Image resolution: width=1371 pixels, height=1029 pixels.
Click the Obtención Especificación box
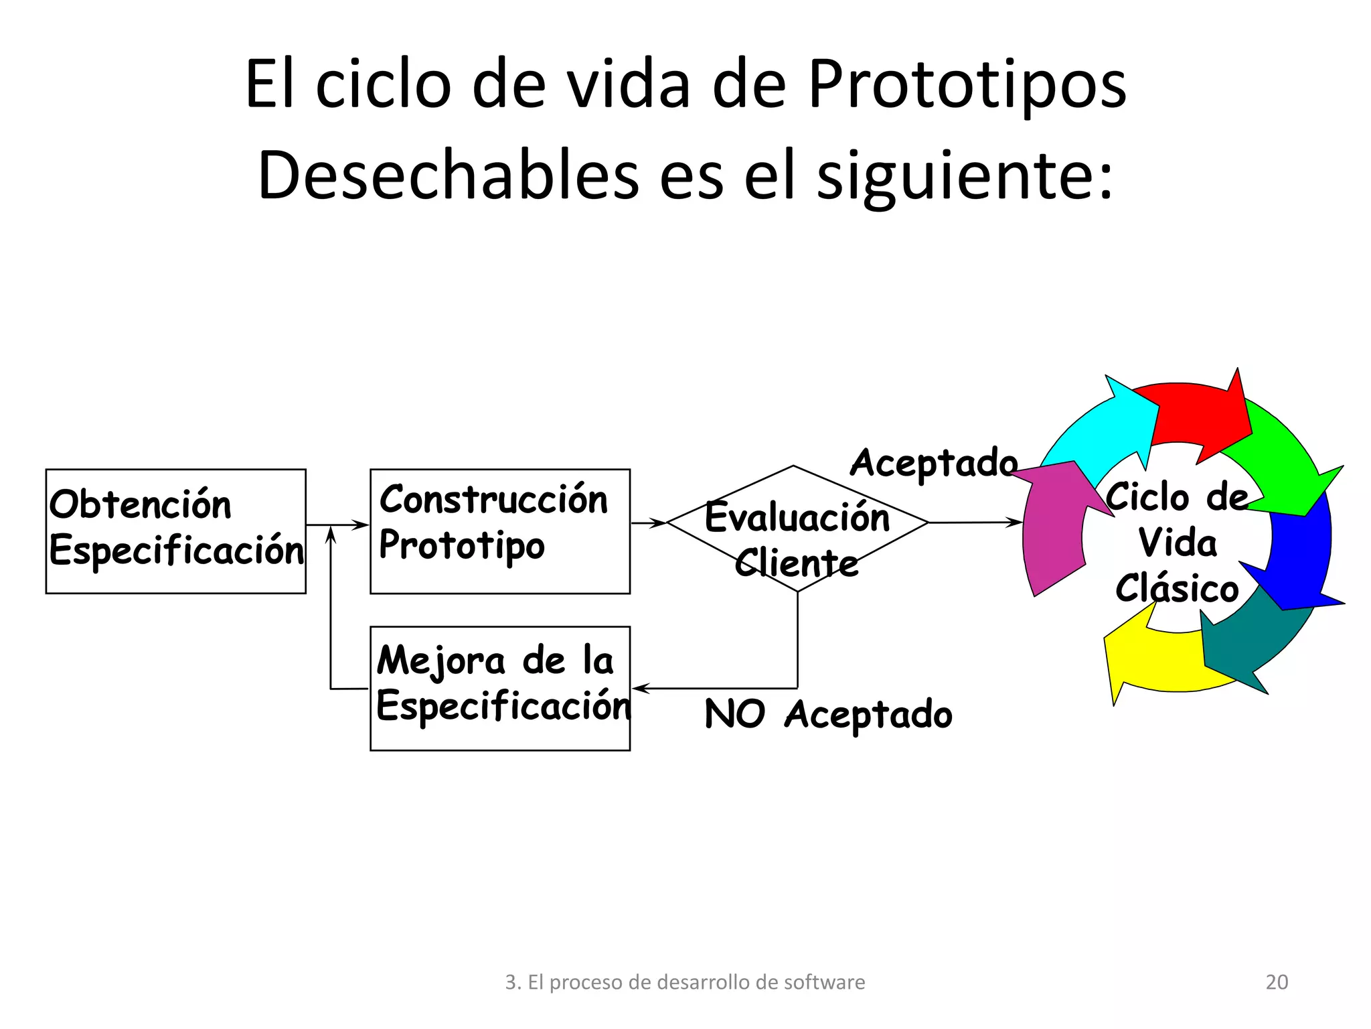pyautogui.click(x=175, y=531)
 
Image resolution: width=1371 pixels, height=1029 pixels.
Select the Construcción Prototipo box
pyautogui.click(x=499, y=531)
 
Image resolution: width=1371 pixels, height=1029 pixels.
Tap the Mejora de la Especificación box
pyautogui.click(x=499, y=688)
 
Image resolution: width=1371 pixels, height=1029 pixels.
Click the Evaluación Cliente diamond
pyautogui.click(x=797, y=529)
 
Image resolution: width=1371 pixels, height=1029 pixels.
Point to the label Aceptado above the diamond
pyautogui.click(x=933, y=463)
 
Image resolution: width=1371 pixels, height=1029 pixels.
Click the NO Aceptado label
pyautogui.click(x=828, y=714)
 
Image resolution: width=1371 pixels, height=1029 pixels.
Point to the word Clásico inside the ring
pyautogui.click(x=1177, y=588)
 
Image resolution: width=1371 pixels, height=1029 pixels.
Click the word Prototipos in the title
pyautogui.click(x=967, y=85)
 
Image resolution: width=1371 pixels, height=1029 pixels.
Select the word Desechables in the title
pyautogui.click(x=448, y=176)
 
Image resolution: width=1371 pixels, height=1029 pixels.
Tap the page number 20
pyautogui.click(x=1277, y=982)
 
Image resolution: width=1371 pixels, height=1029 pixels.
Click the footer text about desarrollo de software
pyautogui.click(x=685, y=982)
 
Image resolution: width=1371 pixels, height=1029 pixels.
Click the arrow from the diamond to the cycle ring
pyautogui.click(x=974, y=522)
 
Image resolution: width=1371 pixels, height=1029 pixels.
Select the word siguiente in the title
pyautogui.click(x=964, y=176)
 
